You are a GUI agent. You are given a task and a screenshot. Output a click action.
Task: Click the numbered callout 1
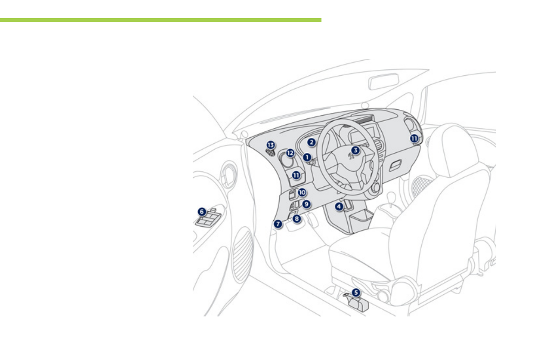tap(307, 157)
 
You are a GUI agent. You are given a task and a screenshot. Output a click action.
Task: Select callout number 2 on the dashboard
tap(311, 142)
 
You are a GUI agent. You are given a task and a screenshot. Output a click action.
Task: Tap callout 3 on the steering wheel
tap(356, 150)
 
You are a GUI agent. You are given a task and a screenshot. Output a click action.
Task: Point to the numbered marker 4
tap(339, 207)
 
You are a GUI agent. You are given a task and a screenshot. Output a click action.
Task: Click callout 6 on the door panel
tap(202, 211)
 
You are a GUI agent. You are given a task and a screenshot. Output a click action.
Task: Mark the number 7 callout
tap(278, 224)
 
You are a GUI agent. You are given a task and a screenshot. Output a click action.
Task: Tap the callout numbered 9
tap(306, 204)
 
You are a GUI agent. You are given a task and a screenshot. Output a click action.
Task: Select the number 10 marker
tap(302, 192)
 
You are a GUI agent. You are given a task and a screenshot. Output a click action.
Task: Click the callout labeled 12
tap(290, 153)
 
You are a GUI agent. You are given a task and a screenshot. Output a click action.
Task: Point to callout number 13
tap(271, 145)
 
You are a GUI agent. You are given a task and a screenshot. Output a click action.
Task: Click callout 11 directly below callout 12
tap(297, 175)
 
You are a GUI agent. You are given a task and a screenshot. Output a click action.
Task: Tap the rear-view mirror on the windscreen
tap(384, 82)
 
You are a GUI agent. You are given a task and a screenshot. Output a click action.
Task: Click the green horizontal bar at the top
tap(161, 20)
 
